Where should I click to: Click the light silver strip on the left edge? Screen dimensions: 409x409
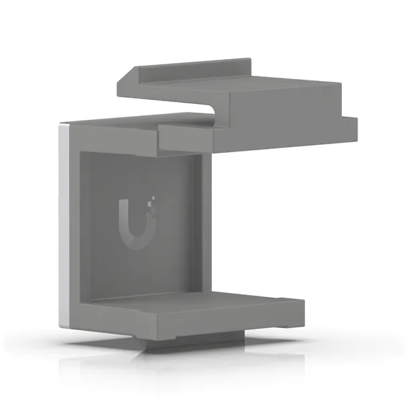click(x=64, y=221)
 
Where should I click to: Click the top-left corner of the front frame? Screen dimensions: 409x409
click(x=70, y=123)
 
